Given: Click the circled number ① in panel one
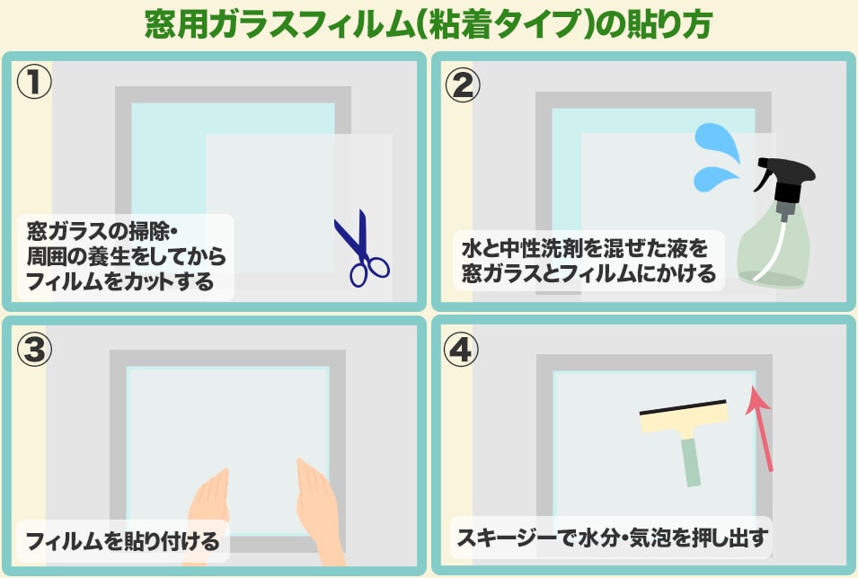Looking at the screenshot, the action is click(x=34, y=81).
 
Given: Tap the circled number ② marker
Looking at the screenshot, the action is click(x=463, y=85).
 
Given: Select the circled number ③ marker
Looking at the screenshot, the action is click(x=34, y=349).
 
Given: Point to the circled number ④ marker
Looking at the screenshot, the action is click(x=460, y=349).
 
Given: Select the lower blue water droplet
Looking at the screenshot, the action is click(x=715, y=179).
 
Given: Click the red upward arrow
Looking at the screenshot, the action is click(x=761, y=428).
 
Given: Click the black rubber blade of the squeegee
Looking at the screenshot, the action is click(x=684, y=406).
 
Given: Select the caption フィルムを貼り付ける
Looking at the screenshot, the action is click(x=122, y=541).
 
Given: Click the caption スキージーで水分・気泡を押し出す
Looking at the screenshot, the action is click(x=612, y=538).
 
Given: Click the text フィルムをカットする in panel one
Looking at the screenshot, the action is click(x=119, y=281).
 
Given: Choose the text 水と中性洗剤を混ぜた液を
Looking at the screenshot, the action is click(x=585, y=249).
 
